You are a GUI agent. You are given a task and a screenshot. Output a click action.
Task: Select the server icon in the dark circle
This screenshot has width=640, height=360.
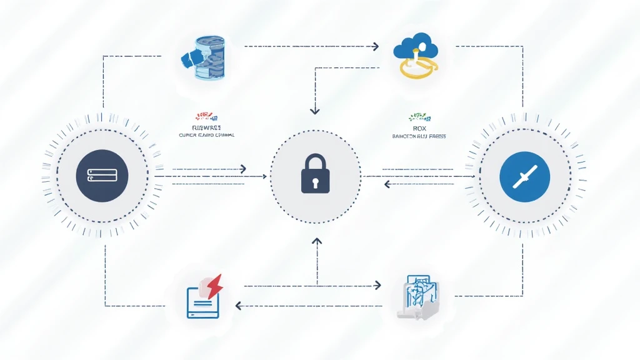(x=101, y=174)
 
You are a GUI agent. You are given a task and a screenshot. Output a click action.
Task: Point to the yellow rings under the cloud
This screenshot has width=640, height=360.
(x=419, y=68)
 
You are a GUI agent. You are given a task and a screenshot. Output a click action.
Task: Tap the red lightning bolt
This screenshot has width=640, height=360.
(x=214, y=286)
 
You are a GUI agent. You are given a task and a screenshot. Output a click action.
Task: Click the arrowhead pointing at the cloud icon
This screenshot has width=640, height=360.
(x=376, y=46)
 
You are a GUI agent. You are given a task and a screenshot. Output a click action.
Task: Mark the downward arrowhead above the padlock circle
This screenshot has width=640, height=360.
(x=315, y=111)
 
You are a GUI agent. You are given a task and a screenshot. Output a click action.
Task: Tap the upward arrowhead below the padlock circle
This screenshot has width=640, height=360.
(x=316, y=241)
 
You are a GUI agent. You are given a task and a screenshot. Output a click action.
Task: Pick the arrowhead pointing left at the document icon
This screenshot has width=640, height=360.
(x=239, y=305)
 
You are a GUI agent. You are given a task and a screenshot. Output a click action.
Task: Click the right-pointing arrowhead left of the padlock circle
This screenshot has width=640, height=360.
(x=242, y=169)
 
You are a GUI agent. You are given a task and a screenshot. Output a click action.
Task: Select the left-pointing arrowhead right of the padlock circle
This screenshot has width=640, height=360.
(x=387, y=183)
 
